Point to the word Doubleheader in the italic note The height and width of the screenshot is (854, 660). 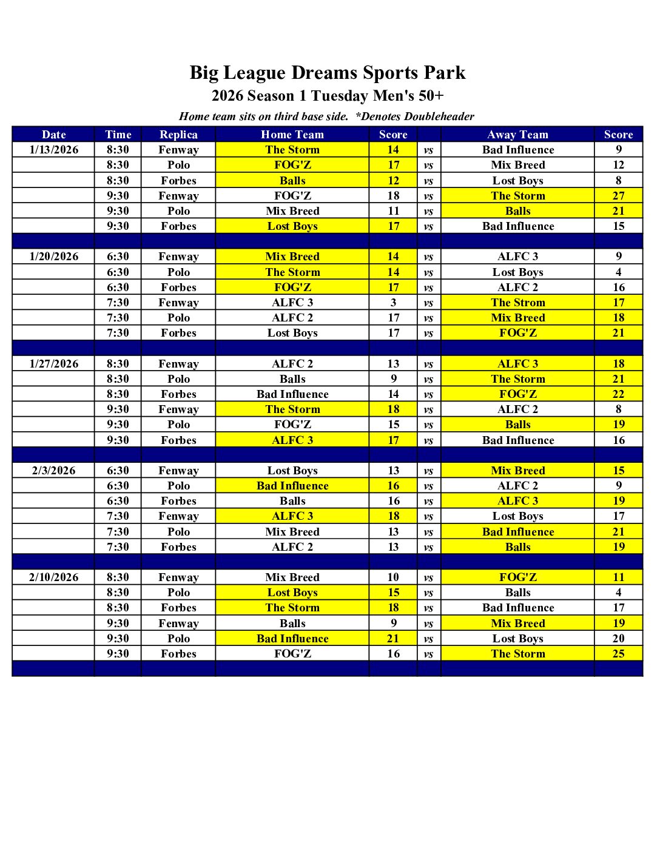click(439, 116)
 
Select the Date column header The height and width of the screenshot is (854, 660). click(53, 135)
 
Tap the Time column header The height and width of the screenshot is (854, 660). click(118, 135)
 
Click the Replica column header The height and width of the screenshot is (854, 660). click(178, 135)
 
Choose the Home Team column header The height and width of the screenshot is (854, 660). click(292, 135)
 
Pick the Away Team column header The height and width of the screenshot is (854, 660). click(517, 135)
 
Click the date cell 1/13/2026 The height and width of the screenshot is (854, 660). click(53, 150)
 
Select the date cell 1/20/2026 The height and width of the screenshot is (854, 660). click(53, 257)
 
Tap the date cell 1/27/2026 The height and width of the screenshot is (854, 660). click(53, 364)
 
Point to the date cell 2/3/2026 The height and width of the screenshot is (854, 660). click(53, 471)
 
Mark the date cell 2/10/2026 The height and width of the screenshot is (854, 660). click(53, 577)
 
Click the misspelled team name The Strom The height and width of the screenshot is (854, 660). click(517, 303)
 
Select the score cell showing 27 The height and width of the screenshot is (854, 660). click(618, 196)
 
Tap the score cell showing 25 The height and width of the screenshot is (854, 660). click(618, 654)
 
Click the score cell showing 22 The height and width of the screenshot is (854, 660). click(618, 394)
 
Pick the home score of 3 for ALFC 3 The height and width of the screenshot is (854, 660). click(393, 303)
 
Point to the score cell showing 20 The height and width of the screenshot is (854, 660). click(618, 639)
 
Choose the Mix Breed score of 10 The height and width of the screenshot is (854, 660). click(393, 577)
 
